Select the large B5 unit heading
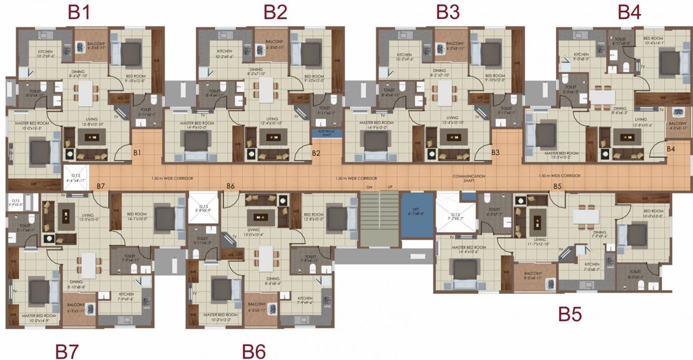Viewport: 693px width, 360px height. pyautogui.click(x=570, y=314)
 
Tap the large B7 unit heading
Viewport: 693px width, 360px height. pyautogui.click(x=67, y=351)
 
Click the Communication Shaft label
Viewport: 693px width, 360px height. pyautogui.click(x=468, y=178)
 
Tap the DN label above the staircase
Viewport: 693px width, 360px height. pyautogui.click(x=369, y=186)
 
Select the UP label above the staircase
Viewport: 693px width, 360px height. pyautogui.click(x=390, y=186)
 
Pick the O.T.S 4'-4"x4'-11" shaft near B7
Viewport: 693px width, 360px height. pyautogui.click(x=76, y=178)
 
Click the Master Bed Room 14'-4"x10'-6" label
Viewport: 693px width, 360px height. pyautogui.click(x=468, y=250)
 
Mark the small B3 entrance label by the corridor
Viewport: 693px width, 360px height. pyautogui.click(x=495, y=153)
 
